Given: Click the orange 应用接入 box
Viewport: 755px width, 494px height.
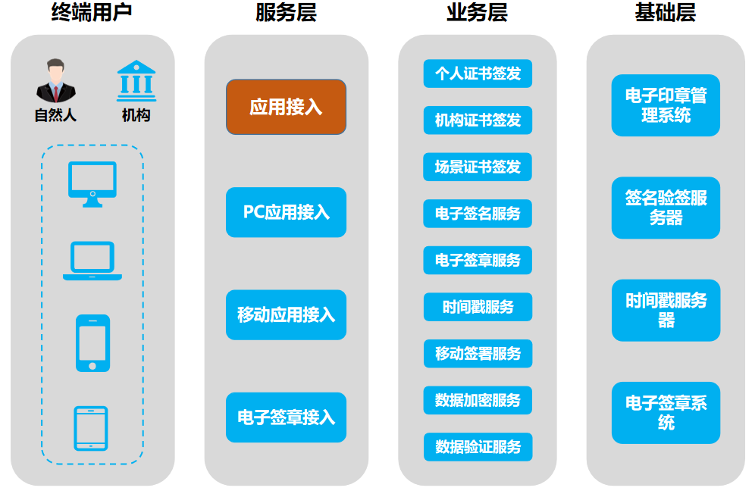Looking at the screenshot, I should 286,107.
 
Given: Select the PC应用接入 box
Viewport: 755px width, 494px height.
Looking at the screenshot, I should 286,212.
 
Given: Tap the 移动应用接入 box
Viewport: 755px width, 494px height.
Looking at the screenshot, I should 286,314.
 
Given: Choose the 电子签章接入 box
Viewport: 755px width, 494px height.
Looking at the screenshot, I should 286,417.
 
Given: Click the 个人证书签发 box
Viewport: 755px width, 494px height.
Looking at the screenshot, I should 478,73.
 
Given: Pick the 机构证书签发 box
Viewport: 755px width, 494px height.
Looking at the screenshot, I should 478,120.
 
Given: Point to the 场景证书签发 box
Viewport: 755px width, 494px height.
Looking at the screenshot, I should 478,167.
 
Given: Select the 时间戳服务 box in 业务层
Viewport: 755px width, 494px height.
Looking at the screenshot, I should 478,307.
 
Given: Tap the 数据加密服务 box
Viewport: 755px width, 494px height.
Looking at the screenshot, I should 478,400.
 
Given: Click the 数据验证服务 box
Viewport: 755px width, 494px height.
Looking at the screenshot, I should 478,447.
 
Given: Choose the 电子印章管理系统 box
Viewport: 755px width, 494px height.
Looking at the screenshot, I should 666,105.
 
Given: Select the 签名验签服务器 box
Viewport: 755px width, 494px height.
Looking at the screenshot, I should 666,208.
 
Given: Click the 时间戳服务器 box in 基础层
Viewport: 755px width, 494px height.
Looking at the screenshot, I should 666,310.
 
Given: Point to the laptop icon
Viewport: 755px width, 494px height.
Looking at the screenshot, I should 92,261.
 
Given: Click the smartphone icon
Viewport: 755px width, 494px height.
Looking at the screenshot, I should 92,343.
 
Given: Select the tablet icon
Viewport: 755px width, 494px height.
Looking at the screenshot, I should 91,428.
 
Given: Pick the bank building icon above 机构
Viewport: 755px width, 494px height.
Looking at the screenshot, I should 136,81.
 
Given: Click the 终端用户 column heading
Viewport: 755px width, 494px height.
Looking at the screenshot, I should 92,13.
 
